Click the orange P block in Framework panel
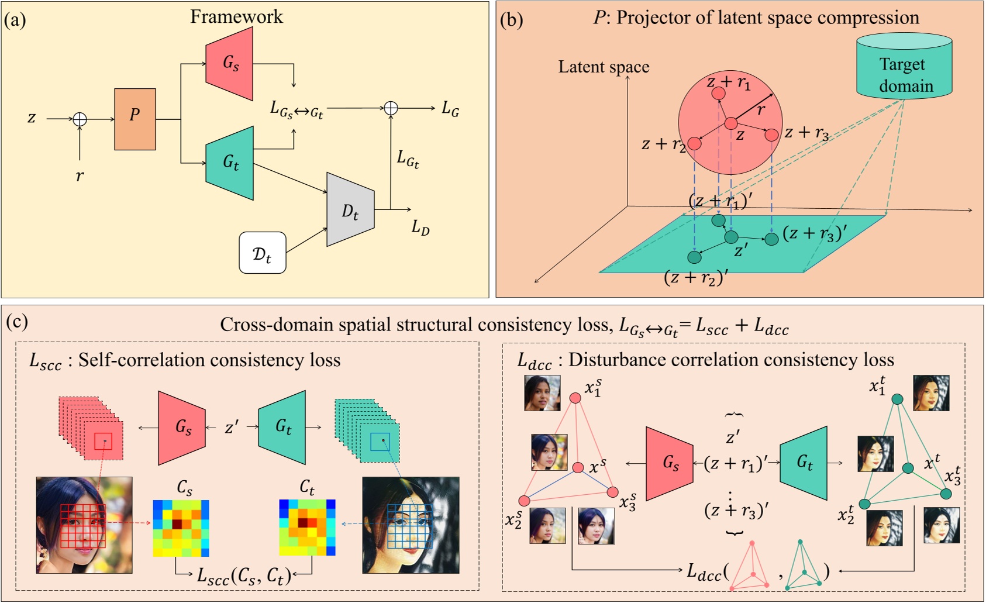point(135,119)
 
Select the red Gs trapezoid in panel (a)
point(230,63)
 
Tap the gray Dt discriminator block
point(350,209)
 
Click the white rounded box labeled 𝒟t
point(263,253)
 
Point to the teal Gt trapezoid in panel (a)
point(230,163)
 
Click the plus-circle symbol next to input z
point(80,119)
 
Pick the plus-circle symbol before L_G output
point(391,108)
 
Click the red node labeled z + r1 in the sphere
point(719,94)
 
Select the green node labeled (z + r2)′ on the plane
point(694,257)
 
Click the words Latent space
point(604,67)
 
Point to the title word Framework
point(236,16)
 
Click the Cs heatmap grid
point(181,528)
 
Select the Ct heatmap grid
point(307,528)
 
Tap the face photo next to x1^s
point(542,393)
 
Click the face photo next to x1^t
point(931,393)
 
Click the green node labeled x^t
point(908,468)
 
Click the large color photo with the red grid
point(84,525)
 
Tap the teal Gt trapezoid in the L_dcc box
point(804,463)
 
